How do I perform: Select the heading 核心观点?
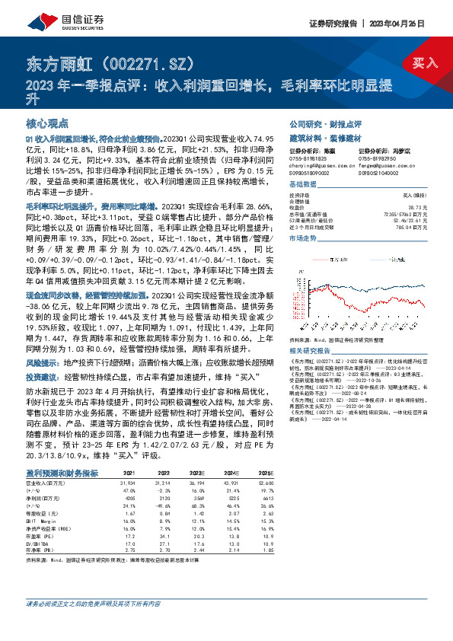[47, 123]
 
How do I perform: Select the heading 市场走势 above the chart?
[301, 238]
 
